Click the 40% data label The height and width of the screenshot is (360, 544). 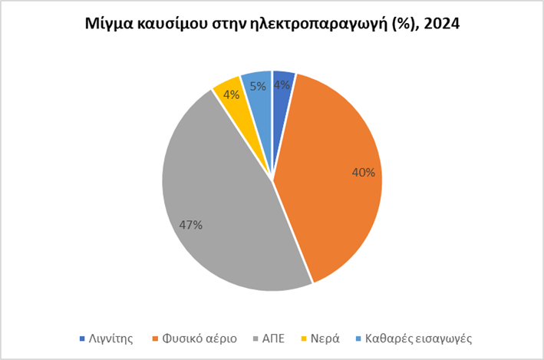tap(364, 173)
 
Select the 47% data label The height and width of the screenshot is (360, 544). tap(190, 225)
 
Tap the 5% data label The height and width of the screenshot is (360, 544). tap(258, 88)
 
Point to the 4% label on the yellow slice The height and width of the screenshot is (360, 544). tap(231, 94)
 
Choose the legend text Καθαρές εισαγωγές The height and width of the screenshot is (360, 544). tap(418, 338)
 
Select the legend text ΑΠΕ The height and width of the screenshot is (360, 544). tap(273, 338)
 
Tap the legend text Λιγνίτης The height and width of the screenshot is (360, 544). tap(113, 338)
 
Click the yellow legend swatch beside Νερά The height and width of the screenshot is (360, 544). tap(304, 338)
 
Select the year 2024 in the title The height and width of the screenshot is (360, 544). tap(440, 24)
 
